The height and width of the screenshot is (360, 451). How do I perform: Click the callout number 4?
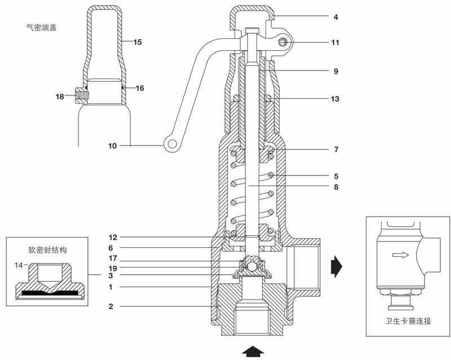tap(335, 17)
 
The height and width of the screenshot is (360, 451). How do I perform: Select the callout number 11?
tap(335, 43)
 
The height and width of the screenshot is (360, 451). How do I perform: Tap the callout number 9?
tap(335, 72)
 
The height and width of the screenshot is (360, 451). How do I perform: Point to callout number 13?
tap(335, 99)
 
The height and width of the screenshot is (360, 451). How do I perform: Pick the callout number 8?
tap(335, 186)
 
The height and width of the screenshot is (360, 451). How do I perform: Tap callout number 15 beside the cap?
tap(139, 42)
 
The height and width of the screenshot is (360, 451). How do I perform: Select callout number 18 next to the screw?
tap(60, 97)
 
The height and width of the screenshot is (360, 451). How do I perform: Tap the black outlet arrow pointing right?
tap(337, 263)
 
